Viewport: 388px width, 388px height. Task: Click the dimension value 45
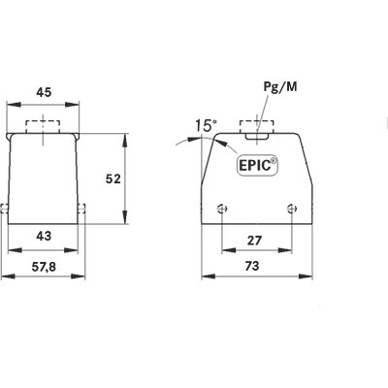pos(44,93)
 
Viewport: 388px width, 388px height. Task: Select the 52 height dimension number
pos(113,178)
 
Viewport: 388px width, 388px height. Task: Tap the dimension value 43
pos(44,236)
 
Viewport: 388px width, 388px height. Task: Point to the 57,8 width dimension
pos(44,267)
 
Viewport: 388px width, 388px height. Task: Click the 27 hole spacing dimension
pos(254,241)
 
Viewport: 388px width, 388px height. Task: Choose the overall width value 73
pos(252,266)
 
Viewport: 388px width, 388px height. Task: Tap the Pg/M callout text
pos(280,87)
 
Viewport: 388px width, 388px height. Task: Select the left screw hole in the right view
pos(222,209)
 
